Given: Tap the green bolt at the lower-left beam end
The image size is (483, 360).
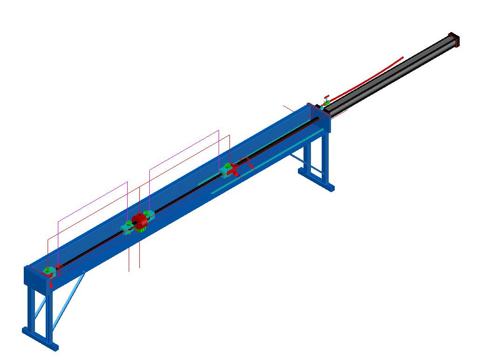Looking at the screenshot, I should coord(47,270).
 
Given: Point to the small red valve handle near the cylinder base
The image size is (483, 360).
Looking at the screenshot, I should coord(326,97).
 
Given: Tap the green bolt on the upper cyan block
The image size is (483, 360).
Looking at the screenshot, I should coord(227,166).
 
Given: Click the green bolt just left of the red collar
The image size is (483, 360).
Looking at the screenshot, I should coord(128,223).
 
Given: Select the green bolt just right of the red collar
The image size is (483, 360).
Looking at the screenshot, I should coord(147,213).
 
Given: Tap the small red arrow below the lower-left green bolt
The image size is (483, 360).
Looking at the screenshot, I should coord(51,284).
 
